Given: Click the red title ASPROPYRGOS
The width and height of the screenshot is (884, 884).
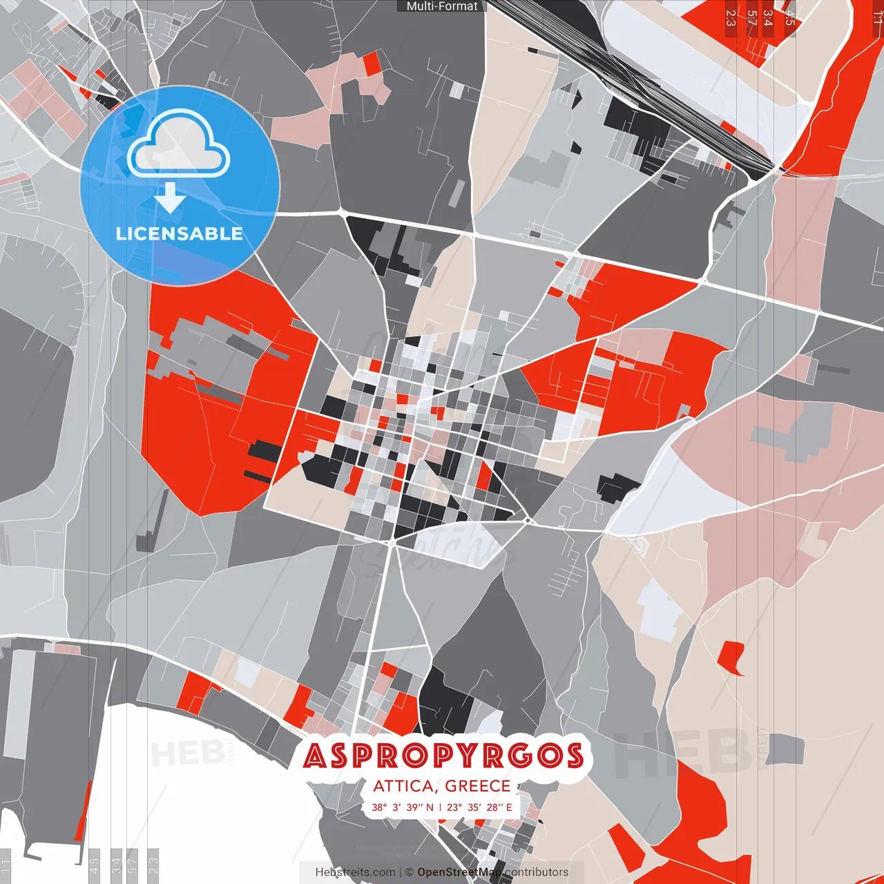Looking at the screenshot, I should pos(443,756).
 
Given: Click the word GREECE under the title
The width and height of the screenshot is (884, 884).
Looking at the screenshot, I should pos(477,786).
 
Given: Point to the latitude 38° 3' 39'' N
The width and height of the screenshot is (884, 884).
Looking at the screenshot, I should pos(403,807).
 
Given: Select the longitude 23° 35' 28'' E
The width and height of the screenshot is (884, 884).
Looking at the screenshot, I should pos(479,807).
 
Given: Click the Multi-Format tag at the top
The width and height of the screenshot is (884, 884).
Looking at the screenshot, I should pos(442,6).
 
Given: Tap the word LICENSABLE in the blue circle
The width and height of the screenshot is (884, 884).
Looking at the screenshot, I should pos(180,233).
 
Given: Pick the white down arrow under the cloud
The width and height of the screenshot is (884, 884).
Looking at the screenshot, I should pos(170,198).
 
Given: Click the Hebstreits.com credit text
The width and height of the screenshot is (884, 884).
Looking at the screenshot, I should pos(355,872).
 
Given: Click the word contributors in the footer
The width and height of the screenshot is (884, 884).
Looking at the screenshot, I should pos(536,872).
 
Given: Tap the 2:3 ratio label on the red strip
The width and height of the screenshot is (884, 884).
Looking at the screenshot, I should pos(731,18).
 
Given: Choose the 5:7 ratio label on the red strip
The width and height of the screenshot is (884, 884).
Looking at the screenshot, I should pos(751,18).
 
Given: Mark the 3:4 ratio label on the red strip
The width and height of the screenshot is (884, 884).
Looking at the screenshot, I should pos(768,18).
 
